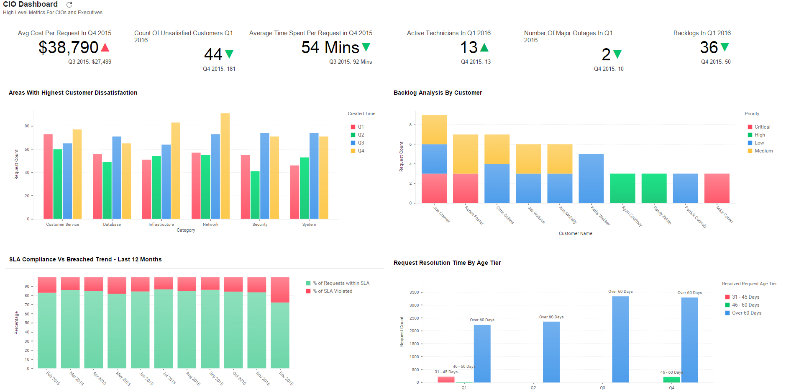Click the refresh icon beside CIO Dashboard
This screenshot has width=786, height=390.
tap(69, 5)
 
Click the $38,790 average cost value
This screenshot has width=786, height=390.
tap(69, 47)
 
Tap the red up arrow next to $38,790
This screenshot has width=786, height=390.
tap(105, 47)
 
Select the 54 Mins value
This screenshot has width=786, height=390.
tap(330, 47)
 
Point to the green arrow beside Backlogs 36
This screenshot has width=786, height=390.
tap(725, 47)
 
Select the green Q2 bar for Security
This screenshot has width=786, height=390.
tap(255, 195)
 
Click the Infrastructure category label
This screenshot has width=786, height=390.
tap(161, 225)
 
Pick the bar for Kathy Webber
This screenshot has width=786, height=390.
tap(591, 178)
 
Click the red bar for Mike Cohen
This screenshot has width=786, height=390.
tap(717, 188)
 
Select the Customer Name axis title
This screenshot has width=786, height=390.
tap(575, 233)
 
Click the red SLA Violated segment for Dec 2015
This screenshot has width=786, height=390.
tap(280, 289)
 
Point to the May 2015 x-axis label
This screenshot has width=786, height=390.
tap(123, 378)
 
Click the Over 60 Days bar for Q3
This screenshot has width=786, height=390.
tap(620, 339)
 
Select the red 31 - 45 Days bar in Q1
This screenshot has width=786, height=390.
tap(446, 380)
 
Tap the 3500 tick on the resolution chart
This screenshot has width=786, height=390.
tap(414, 292)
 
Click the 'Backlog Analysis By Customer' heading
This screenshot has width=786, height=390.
tap(438, 93)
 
